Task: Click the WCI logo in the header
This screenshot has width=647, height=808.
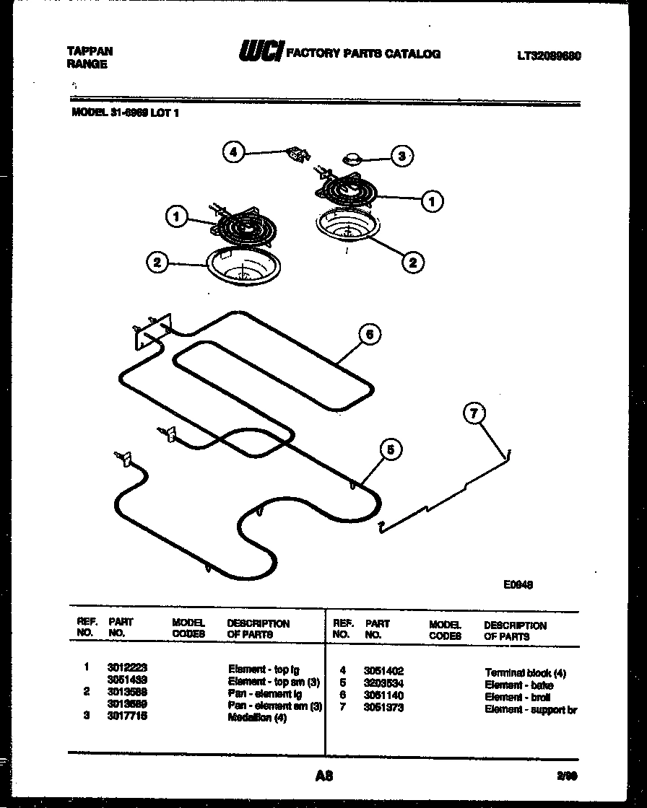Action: coord(261,53)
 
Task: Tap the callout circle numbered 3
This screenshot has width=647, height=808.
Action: coord(402,155)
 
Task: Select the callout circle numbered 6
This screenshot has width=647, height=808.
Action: coord(369,334)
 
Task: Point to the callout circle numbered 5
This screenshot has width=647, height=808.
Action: coord(391,450)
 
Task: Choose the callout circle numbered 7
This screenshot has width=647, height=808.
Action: coord(474,414)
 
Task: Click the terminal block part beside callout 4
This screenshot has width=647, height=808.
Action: coord(296,154)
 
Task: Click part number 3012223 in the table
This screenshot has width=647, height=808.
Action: coord(127,669)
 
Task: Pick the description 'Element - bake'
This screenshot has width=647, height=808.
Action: coord(518,685)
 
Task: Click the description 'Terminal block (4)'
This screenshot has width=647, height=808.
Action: coord(525,672)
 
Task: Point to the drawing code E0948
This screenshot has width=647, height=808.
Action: coord(518,586)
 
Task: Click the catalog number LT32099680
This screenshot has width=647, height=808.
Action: coord(549,56)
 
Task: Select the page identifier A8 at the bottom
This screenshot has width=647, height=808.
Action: coord(323,777)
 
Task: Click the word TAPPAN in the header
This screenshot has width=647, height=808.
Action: coord(90,51)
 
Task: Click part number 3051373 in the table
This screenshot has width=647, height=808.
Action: coord(383,708)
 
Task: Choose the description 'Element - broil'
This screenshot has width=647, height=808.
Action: coord(517,697)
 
